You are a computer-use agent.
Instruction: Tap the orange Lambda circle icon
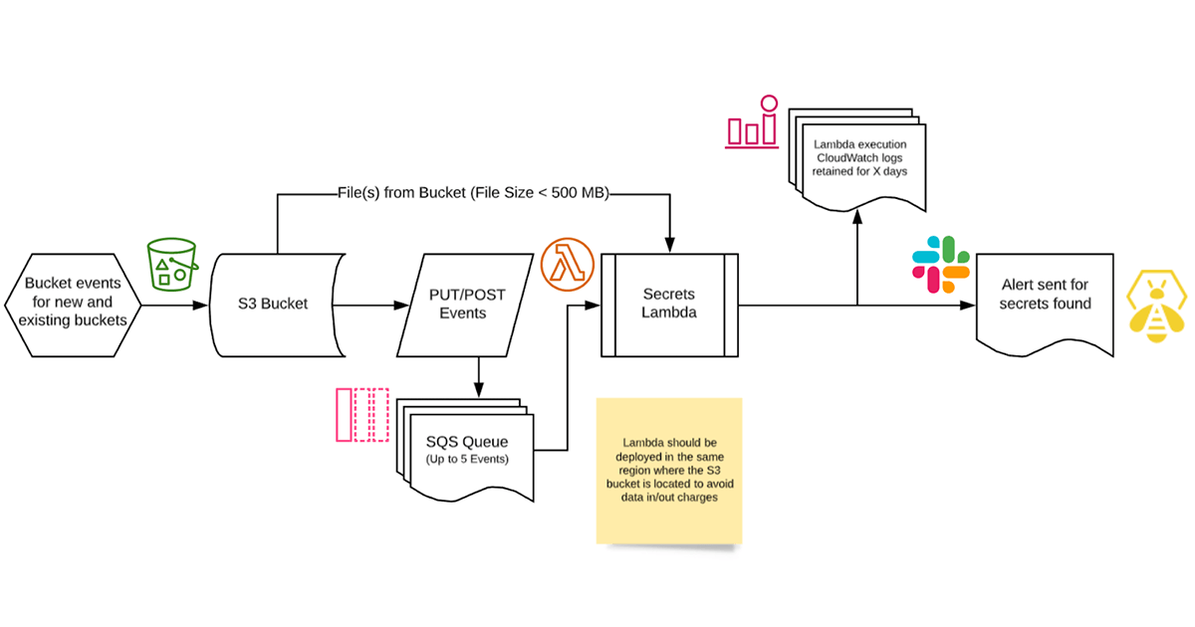tap(568, 266)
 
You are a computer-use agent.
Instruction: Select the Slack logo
tap(941, 264)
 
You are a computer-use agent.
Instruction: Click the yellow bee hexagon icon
tap(1155, 308)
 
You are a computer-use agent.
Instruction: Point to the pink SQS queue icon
tap(361, 414)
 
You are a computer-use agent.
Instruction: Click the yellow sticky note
tap(669, 471)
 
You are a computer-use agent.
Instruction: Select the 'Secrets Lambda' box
tap(668, 305)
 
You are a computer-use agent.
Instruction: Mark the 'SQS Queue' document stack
tap(465, 445)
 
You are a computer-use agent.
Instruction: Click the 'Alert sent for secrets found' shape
tap(1044, 299)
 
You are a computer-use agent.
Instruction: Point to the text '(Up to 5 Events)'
tap(467, 459)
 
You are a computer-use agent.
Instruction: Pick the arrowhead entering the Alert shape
tap(968, 305)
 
